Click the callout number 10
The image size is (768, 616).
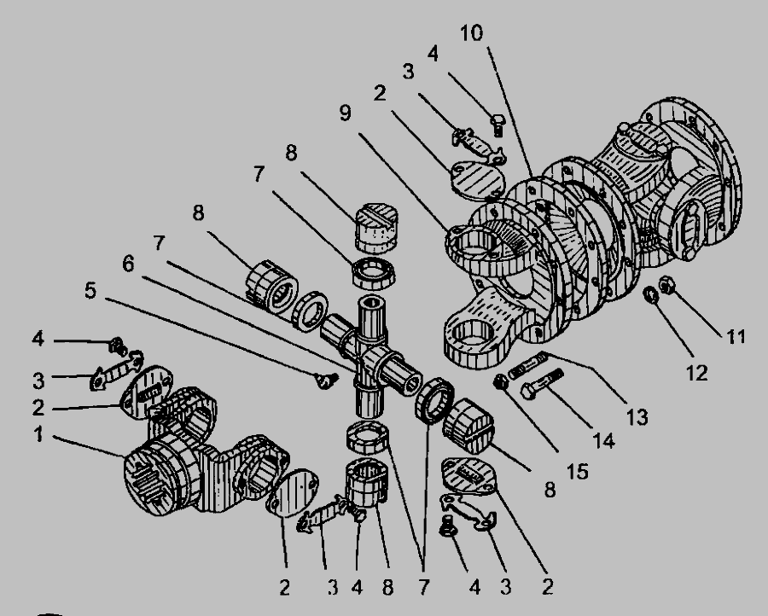click(x=472, y=33)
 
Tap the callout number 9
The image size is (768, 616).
click(x=346, y=113)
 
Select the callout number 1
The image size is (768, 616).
click(x=38, y=434)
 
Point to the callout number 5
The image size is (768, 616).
click(x=90, y=290)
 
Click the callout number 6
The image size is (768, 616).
click(x=128, y=264)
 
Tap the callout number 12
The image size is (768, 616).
click(x=697, y=373)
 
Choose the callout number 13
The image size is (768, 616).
click(x=637, y=418)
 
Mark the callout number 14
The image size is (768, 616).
click(x=603, y=441)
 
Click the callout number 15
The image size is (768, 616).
click(x=577, y=472)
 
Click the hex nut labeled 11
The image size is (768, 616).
click(x=666, y=284)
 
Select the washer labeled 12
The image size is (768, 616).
click(x=651, y=295)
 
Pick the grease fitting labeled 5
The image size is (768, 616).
click(x=326, y=380)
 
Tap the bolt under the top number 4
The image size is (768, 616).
click(x=498, y=125)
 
